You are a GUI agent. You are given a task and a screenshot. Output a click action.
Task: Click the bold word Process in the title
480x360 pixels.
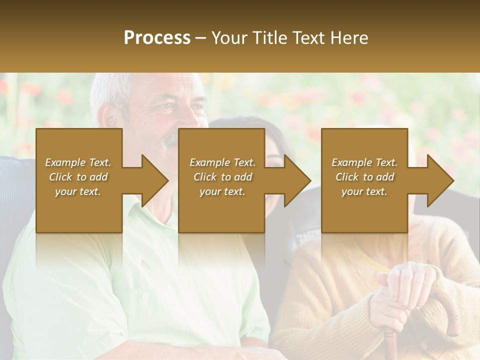coord(157,38)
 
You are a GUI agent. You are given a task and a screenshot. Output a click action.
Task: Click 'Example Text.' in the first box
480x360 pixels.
coord(78,162)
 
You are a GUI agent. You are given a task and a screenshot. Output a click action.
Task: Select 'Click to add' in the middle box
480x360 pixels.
coord(222,177)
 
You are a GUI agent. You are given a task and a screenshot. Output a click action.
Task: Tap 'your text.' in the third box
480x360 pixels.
coord(364,191)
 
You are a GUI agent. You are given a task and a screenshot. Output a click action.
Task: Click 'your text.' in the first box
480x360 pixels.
coord(78,191)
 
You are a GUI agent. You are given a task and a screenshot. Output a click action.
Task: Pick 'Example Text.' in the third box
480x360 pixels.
coord(364,162)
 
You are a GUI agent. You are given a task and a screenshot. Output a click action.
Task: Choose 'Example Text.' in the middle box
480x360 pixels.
coord(222,162)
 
